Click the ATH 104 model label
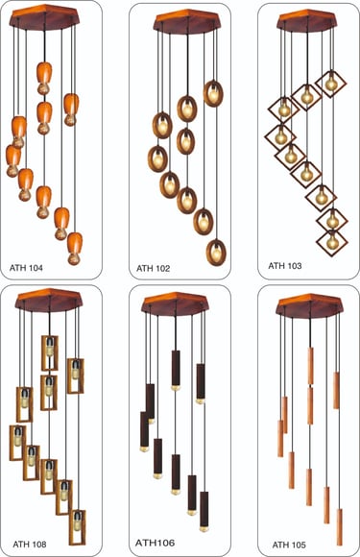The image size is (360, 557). tap(26, 268)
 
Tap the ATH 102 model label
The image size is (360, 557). tap(154, 268)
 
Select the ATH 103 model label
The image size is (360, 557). tap(285, 265)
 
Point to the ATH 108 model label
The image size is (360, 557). tap(30, 544)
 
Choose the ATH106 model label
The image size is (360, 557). tap(155, 543)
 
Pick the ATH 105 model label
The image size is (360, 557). tap(289, 545)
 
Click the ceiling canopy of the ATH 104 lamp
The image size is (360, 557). tap(43, 16)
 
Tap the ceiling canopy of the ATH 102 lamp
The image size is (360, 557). tap(187, 22)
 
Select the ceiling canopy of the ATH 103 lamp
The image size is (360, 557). tap(307, 19)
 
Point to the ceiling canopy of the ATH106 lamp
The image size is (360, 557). tap(176, 304)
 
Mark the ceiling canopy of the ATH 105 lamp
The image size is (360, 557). tap(309, 305)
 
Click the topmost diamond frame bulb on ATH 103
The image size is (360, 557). tap(331, 84)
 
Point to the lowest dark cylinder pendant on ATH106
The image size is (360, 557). tap(204, 511)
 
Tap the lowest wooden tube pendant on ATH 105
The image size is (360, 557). tap(340, 527)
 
